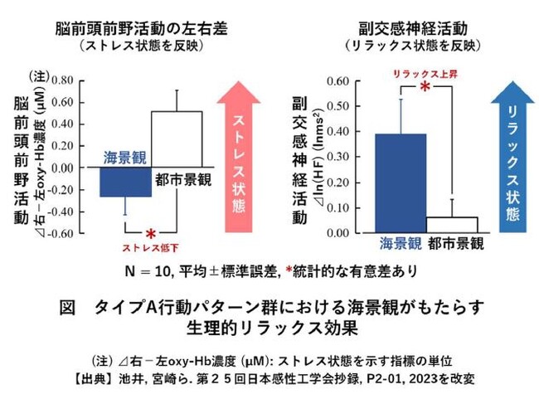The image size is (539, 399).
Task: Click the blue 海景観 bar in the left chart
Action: [125, 182]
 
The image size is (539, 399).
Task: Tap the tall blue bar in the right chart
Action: [401, 182]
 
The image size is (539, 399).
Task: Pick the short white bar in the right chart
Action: [451, 225]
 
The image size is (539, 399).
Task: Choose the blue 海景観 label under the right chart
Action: [401, 244]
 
